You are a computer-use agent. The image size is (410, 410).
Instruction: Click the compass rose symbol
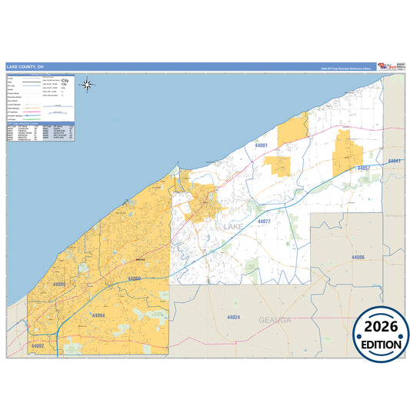tap(88, 85)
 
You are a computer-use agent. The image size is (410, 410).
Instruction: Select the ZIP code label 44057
tap(364, 168)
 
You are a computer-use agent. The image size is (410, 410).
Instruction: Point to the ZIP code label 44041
tap(395, 161)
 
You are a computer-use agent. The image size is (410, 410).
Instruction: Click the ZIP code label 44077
tap(264, 222)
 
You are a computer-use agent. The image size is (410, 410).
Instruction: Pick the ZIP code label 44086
tap(358, 257)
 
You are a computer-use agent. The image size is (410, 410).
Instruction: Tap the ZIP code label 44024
tap(234, 317)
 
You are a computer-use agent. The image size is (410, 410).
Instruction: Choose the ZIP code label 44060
tap(135, 278)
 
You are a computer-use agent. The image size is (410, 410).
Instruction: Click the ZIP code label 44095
tap(59, 285)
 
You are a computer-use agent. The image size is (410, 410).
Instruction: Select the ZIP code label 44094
tap(98, 316)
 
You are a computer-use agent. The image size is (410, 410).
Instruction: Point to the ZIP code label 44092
tap(38, 346)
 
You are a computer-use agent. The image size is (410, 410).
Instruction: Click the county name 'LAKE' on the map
tap(234, 228)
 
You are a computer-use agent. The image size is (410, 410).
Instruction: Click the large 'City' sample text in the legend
tap(65, 81)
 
